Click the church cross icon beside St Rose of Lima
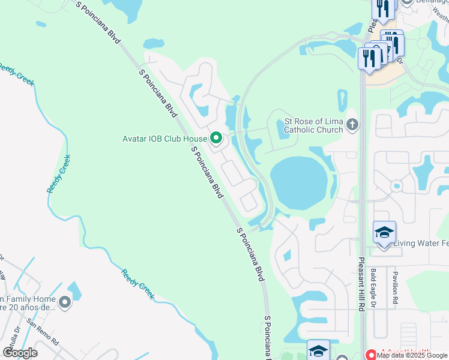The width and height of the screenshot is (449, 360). [x=352, y=125]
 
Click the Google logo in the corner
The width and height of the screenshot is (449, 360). [x=20, y=353]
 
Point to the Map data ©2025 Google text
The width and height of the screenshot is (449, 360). [x=412, y=355]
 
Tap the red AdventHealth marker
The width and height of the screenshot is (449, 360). [x=371, y=355]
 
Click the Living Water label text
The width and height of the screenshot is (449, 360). [x=420, y=243]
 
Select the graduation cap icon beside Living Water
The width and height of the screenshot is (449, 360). [x=384, y=232]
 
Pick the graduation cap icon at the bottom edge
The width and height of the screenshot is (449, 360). [x=318, y=350]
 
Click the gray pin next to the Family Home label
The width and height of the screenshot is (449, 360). [x=65, y=302]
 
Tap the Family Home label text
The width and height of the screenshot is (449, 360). [x=28, y=303]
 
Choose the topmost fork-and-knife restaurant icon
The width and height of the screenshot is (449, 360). [x=382, y=8]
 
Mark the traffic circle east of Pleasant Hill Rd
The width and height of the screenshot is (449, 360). [x=396, y=186]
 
